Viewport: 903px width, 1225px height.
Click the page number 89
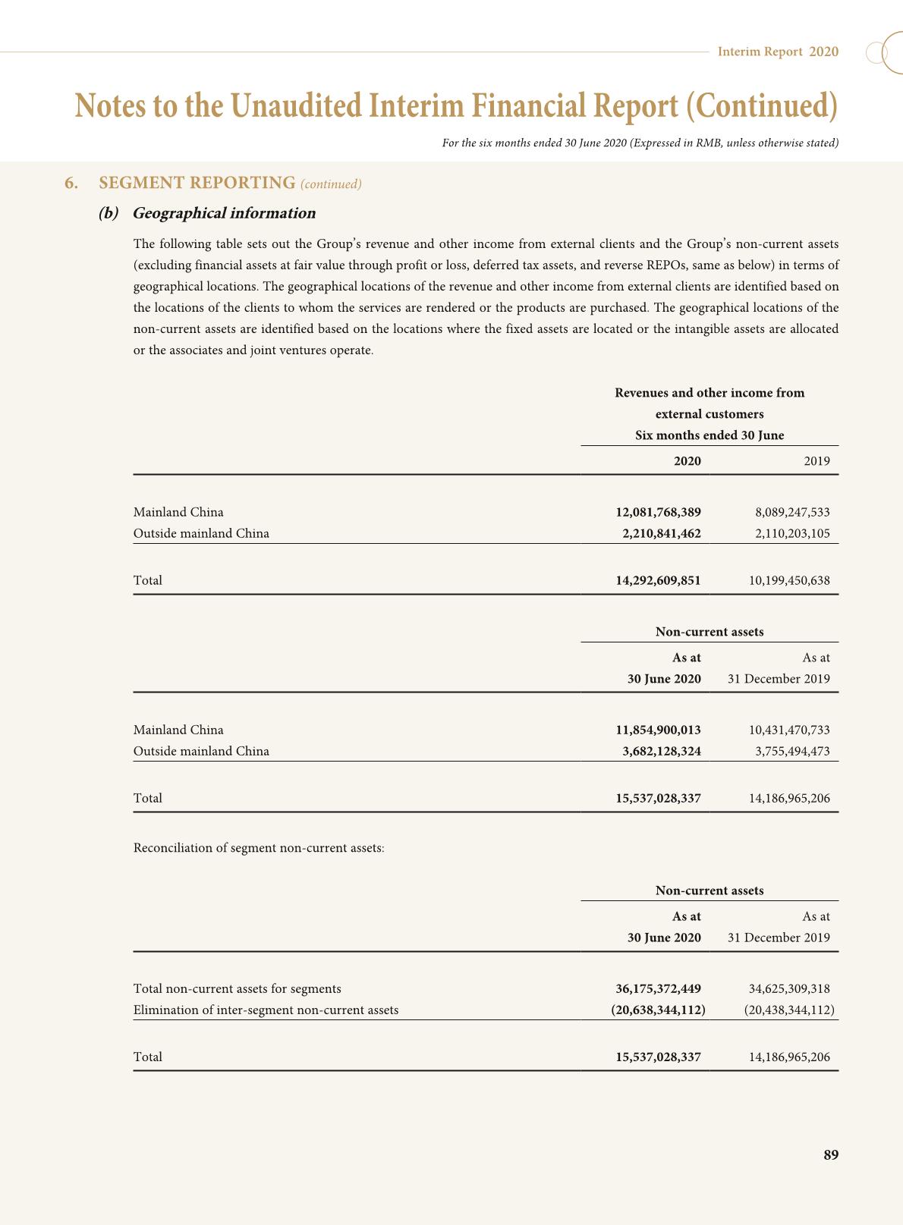pos(831,1155)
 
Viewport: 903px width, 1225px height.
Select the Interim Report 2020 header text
pos(778,52)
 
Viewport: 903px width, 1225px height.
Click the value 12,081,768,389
pos(658,512)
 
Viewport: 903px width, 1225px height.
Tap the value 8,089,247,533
pos(789,512)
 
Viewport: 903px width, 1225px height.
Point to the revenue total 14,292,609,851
pos(658,580)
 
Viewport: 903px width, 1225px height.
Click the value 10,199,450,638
pos(789,580)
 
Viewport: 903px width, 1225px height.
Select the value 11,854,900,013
pos(658,730)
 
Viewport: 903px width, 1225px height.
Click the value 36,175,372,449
pos(658,988)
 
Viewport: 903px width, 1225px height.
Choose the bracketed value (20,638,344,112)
pos(658,1010)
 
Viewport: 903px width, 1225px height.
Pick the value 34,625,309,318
pos(789,988)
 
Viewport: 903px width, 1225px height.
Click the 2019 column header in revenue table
pos(816,461)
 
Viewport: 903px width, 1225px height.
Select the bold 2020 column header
pos(687,461)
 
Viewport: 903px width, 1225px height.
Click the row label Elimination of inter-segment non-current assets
pos(266,1010)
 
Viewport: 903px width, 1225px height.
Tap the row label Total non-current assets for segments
pos(237,988)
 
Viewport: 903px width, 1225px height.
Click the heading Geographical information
pos(224,213)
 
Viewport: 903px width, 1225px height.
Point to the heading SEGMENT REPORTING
pos(197,183)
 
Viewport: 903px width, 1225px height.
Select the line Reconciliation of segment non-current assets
pos(259,847)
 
